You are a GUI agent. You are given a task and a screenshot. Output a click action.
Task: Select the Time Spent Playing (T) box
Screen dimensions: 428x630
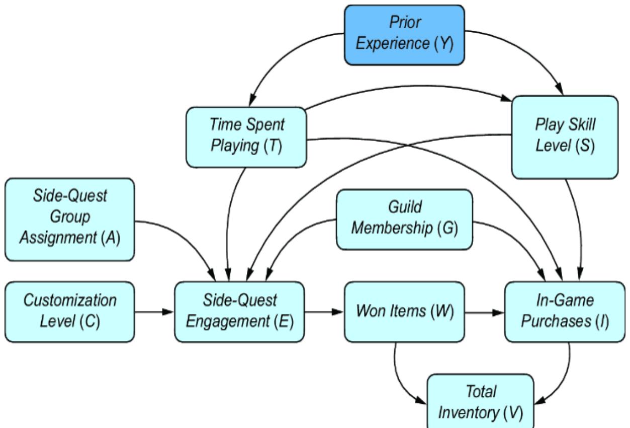(246, 136)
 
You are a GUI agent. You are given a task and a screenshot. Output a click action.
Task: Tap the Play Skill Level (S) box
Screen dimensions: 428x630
(564, 136)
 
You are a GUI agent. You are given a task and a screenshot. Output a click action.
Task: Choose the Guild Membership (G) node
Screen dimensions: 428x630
(404, 219)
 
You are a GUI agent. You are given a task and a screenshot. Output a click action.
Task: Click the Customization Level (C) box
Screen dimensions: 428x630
(70, 312)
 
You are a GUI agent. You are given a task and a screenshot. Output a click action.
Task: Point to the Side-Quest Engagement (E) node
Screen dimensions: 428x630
(239, 312)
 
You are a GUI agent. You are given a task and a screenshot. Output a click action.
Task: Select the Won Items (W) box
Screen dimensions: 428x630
(405, 312)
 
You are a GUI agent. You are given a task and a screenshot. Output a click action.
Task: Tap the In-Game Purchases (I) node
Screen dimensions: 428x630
(564, 312)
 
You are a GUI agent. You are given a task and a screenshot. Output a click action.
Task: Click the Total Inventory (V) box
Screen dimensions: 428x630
(480, 401)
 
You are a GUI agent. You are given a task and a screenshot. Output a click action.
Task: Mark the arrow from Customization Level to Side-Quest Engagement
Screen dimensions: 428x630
(155, 312)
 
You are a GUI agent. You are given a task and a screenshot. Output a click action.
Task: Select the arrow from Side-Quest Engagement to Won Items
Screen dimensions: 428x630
(324, 312)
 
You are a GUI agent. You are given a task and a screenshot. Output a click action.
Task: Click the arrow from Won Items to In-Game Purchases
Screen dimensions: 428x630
(485, 312)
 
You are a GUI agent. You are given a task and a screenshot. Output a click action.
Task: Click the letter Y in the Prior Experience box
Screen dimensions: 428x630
(443, 43)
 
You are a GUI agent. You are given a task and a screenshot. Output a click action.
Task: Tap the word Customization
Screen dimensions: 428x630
(70, 301)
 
